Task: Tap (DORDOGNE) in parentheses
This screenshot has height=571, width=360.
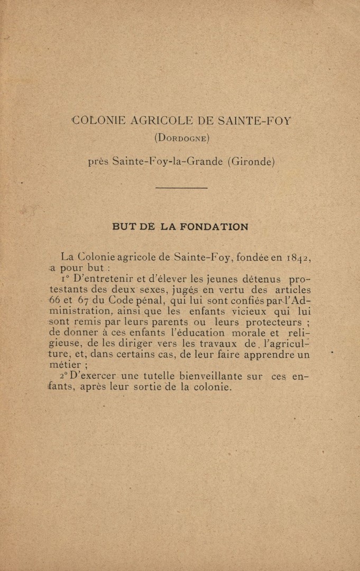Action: [x=182, y=139]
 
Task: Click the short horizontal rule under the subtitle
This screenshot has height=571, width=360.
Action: [x=182, y=188]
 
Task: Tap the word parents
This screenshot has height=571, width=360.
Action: [x=159, y=323]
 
